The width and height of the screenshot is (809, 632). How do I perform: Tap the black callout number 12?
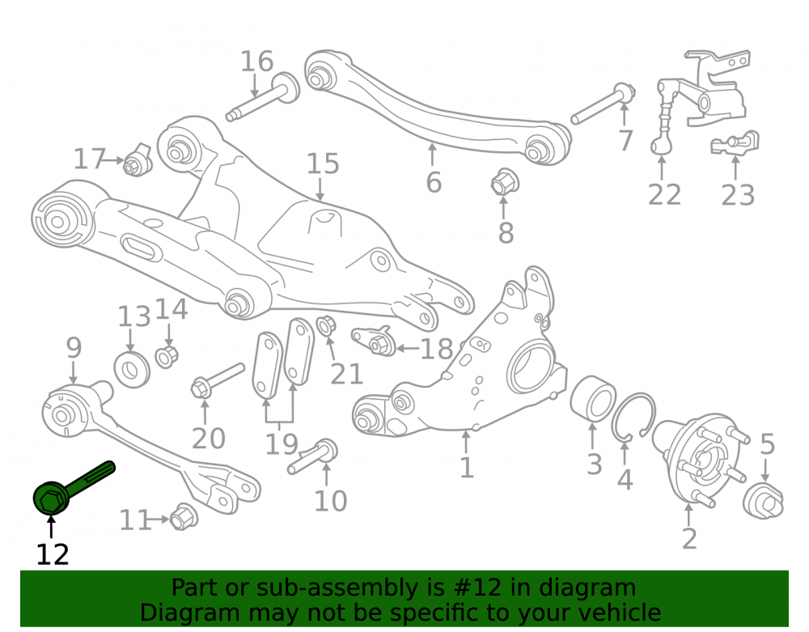click(52, 554)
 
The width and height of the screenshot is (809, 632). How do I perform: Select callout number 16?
click(257, 62)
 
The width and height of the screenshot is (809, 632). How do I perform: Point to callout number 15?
click(323, 163)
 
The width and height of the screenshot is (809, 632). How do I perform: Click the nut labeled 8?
click(504, 181)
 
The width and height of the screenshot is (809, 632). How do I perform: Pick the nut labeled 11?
click(183, 516)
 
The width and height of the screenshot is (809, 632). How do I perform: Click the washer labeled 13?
click(132, 369)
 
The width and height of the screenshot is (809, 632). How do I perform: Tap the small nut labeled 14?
click(167, 357)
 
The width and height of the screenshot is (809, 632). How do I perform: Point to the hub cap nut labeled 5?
click(763, 500)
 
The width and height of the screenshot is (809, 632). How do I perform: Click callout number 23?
click(738, 196)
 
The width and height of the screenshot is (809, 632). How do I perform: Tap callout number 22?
click(664, 194)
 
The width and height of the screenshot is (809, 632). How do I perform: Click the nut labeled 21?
click(326, 325)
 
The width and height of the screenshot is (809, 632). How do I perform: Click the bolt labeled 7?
click(604, 104)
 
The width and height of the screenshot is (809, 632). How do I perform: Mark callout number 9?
click(74, 348)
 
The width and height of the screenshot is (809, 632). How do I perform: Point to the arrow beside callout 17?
click(115, 160)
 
